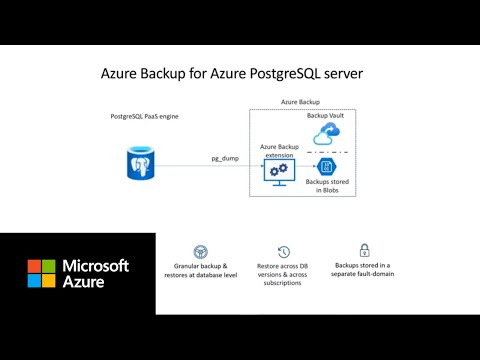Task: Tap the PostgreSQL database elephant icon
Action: tap(140, 163)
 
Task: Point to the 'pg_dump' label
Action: tap(224, 158)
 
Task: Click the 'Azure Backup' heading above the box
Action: tap(300, 102)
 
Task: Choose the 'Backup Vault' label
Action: tap(326, 116)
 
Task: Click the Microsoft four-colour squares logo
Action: tap(41, 273)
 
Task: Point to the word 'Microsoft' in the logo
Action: tap(96, 266)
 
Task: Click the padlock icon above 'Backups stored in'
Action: tap(365, 250)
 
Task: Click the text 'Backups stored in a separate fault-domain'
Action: tap(365, 272)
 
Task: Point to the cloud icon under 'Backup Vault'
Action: tap(327, 135)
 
